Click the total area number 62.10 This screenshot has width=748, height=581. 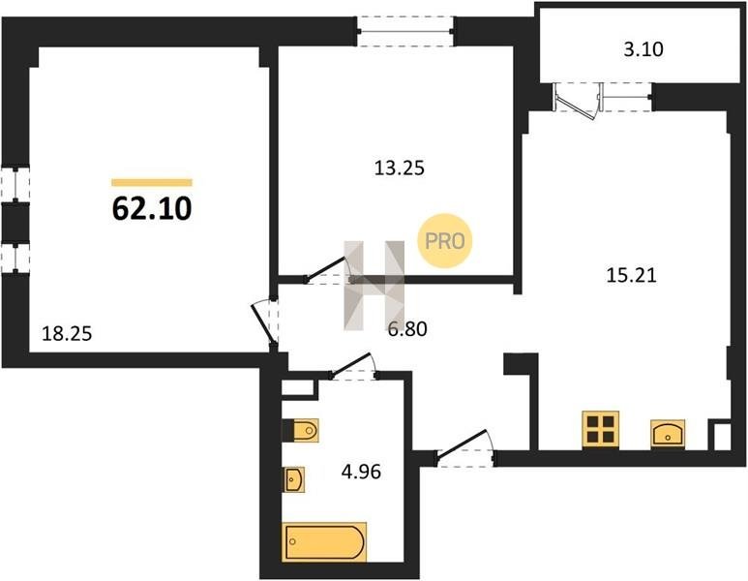click(152, 208)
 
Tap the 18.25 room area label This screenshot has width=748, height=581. click(67, 333)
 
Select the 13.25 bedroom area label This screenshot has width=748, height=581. click(400, 168)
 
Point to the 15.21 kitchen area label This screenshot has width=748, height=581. click(631, 275)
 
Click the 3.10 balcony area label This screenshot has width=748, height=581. click(643, 49)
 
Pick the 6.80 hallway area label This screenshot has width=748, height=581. click(407, 329)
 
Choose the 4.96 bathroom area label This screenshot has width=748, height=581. click(361, 472)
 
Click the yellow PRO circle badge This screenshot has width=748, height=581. click(444, 240)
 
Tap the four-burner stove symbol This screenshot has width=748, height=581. click(601, 429)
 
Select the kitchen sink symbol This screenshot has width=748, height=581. click(668, 434)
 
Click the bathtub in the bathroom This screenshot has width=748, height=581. click(324, 542)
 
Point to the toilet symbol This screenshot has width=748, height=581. click(301, 431)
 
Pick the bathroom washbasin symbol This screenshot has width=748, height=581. click(293, 479)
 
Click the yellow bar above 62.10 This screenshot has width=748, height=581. click(152, 182)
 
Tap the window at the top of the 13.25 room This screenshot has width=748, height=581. click(405, 32)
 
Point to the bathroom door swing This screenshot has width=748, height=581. click(353, 365)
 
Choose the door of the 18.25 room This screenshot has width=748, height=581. click(265, 322)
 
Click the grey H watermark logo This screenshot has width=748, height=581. click(374, 285)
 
